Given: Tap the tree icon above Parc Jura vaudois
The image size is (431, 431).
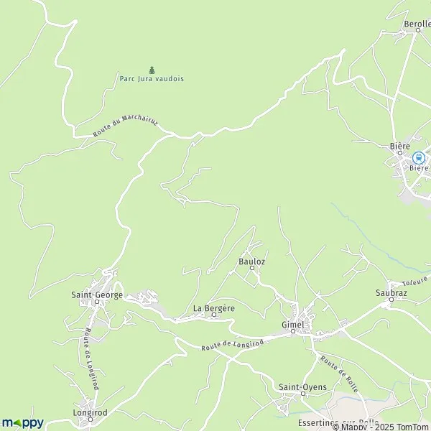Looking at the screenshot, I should pyautogui.click(x=152, y=70).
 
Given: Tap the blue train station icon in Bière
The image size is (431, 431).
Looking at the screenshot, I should pyautogui.click(x=419, y=157).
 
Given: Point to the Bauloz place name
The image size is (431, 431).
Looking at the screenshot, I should pyautogui.click(x=251, y=261).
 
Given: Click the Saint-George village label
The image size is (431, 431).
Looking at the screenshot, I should pyautogui.click(x=96, y=295).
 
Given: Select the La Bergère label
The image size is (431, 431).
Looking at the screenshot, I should pyautogui.click(x=214, y=308).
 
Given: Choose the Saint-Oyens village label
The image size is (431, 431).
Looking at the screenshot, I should pyautogui.click(x=302, y=387).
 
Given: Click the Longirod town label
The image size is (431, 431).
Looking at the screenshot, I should pyautogui.click(x=90, y=413).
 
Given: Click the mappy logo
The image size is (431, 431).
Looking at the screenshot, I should pyautogui.click(x=22, y=422).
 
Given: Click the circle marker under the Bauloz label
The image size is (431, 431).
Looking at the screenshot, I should pyautogui.click(x=252, y=269).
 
